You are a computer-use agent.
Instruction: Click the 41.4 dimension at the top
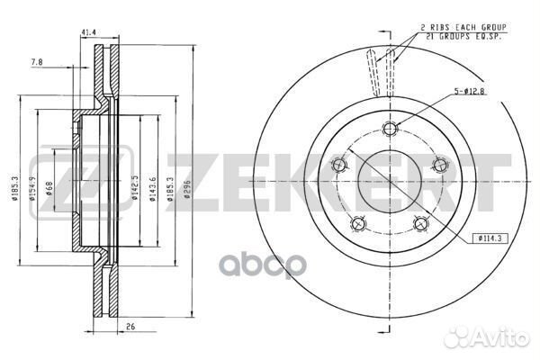[88, 32]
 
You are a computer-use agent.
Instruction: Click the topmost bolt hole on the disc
[389, 126]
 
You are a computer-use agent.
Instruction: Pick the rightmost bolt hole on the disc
[440, 164]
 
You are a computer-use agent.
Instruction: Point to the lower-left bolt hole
[359, 222]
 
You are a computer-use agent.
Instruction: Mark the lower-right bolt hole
[420, 222]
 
